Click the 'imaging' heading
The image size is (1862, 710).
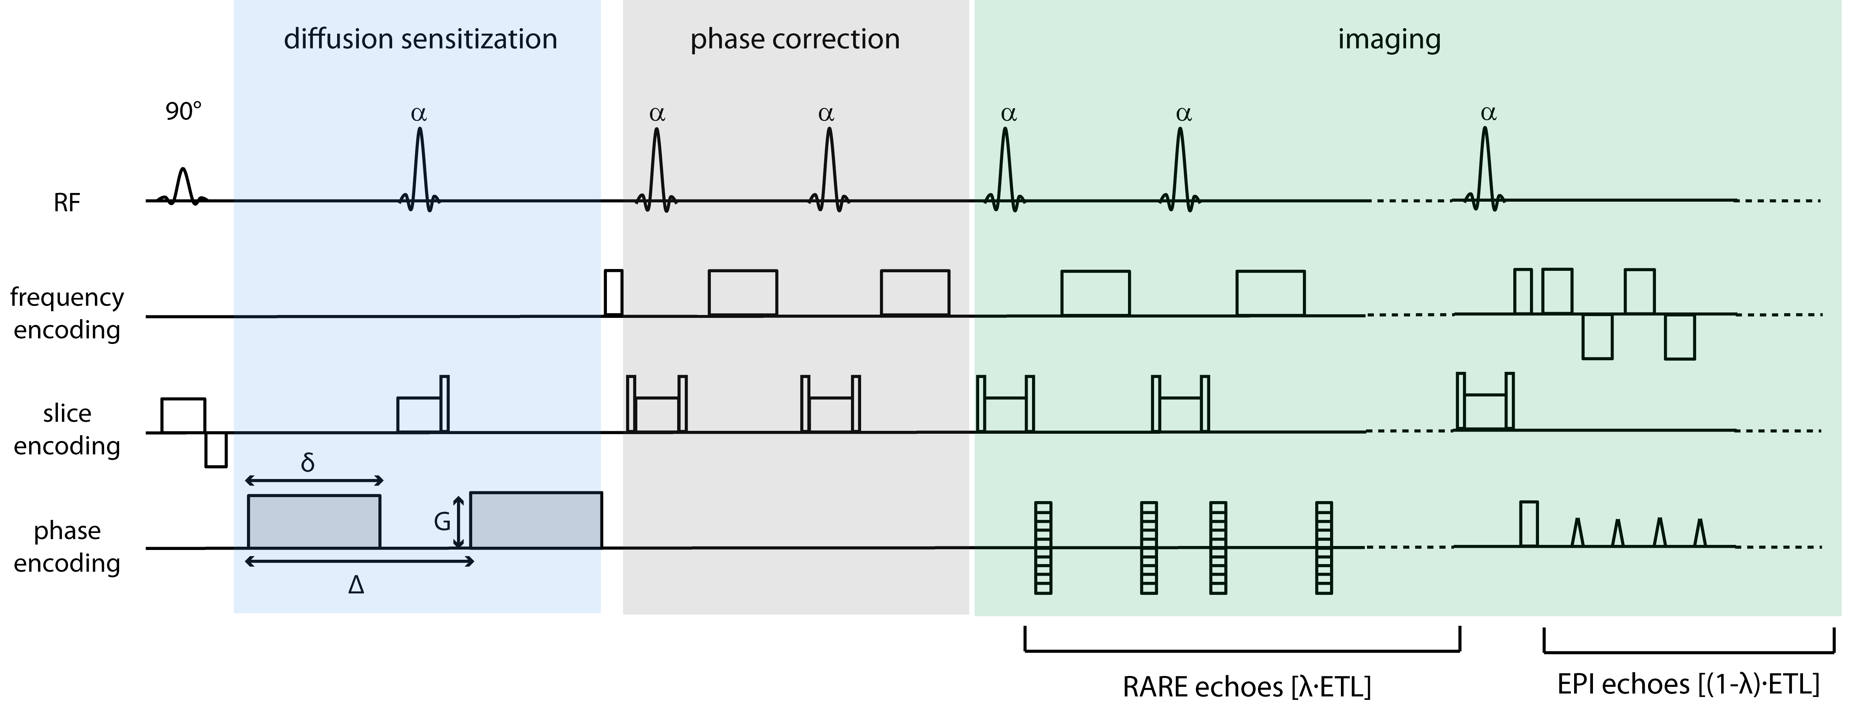(x=1389, y=39)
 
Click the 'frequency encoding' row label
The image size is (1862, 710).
(x=67, y=313)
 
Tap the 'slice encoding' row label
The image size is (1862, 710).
(x=67, y=429)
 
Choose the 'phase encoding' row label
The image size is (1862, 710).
(x=67, y=547)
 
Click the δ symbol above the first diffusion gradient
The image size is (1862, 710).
(x=308, y=462)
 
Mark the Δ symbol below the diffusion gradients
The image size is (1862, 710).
(x=356, y=584)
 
